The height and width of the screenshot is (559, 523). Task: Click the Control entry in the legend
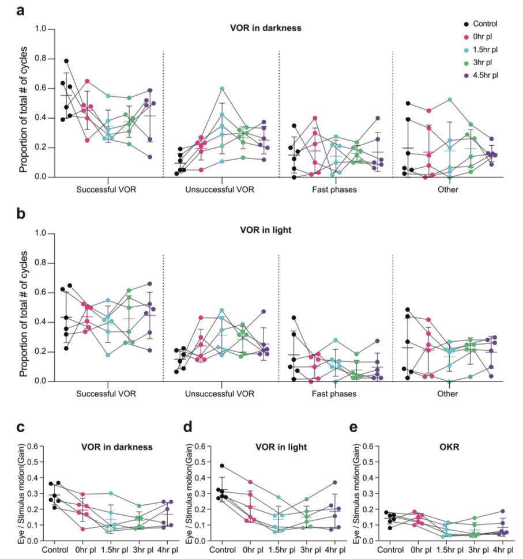click(x=484, y=24)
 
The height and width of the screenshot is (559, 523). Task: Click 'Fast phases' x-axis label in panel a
click(x=335, y=190)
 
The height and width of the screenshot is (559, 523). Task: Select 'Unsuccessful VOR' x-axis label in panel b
click(x=221, y=394)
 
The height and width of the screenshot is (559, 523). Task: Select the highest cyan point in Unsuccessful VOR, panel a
click(x=221, y=89)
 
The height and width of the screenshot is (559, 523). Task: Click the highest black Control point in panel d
click(x=221, y=466)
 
